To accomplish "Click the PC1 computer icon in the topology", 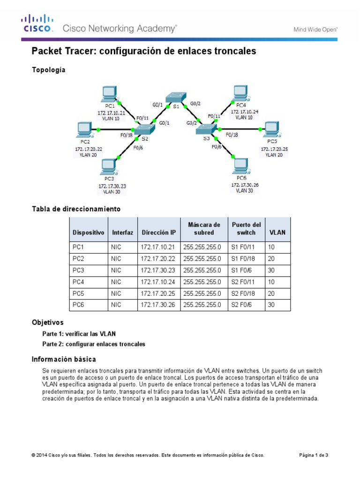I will [x=110, y=94].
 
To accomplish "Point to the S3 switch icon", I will [x=206, y=129].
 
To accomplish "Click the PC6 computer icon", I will [x=241, y=166].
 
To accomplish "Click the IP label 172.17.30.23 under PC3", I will [x=112, y=186].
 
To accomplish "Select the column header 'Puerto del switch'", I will [x=246, y=229].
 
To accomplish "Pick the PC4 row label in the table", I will [x=78, y=282].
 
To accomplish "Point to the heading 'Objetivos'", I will [x=47, y=323].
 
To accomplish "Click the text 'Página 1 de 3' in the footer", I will [x=314, y=455].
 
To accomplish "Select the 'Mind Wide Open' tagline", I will [x=315, y=30].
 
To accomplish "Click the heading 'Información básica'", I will [x=64, y=360].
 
